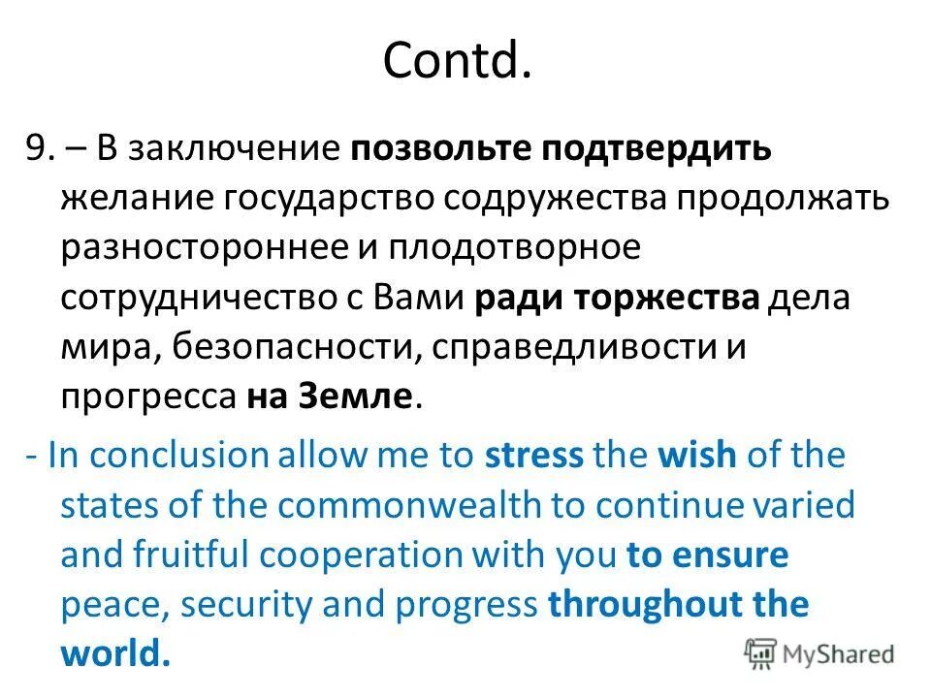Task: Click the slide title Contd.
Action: coord(457,62)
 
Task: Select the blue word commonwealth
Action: coord(430,504)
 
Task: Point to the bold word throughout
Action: coord(645,605)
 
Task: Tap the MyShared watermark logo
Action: coord(819,653)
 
